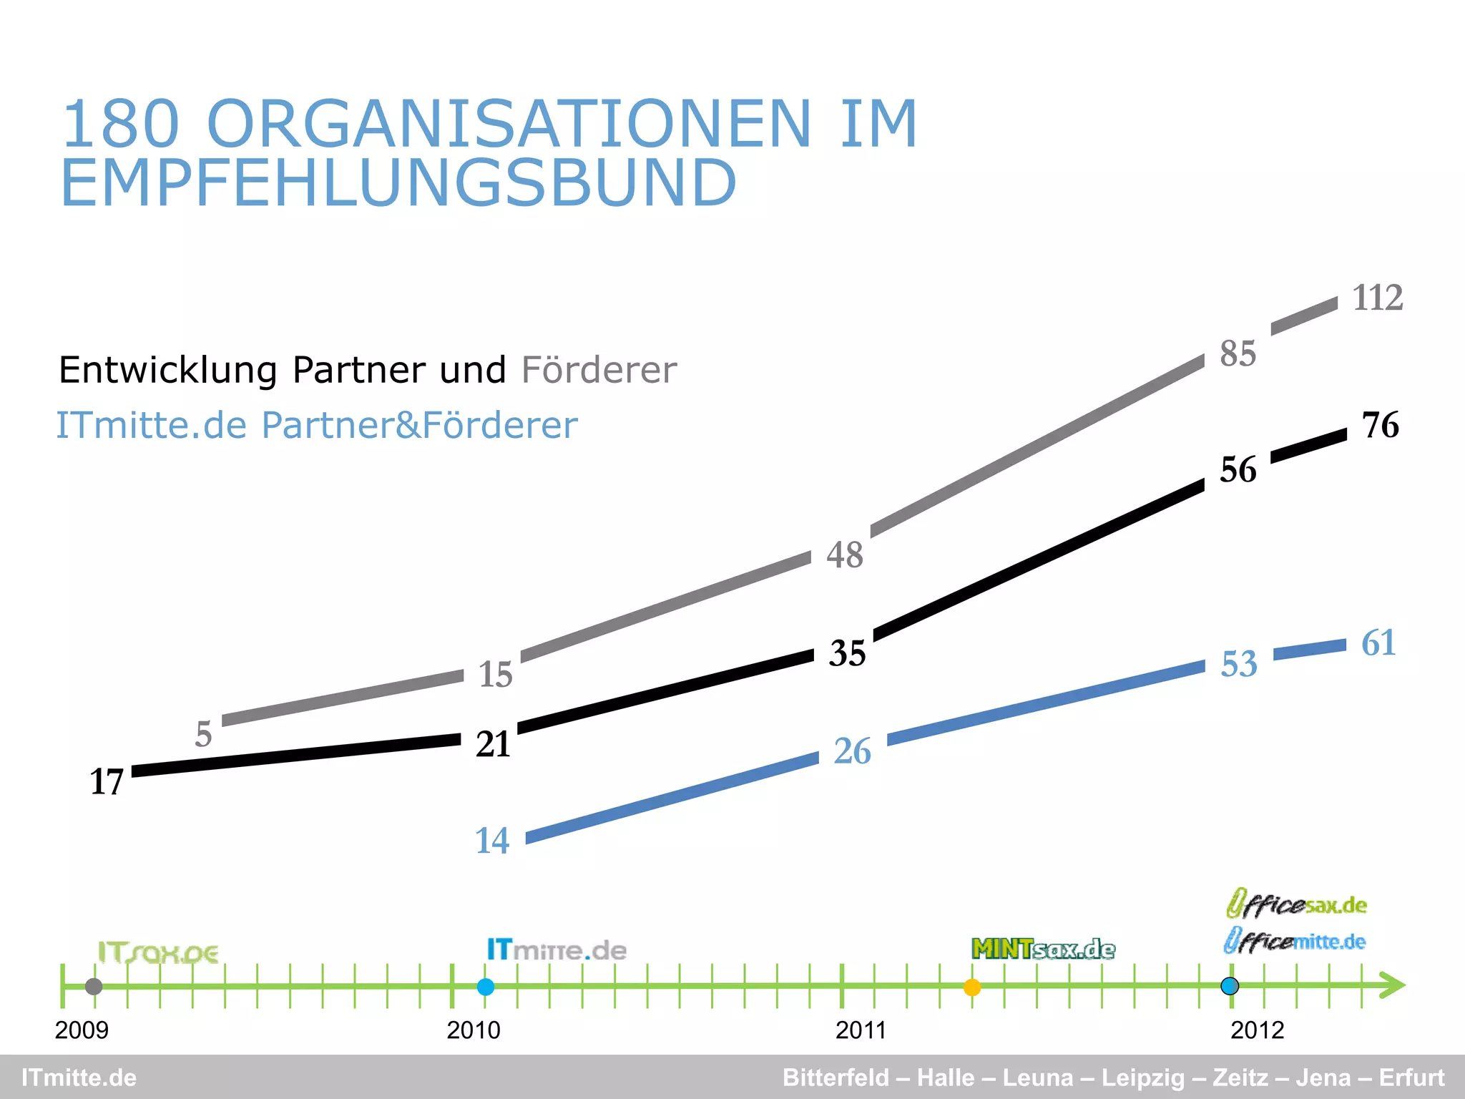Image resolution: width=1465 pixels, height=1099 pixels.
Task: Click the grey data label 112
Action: pos(1377,298)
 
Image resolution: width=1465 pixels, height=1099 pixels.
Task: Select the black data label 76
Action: pos(1380,426)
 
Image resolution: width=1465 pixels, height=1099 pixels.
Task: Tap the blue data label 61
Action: pos(1378,643)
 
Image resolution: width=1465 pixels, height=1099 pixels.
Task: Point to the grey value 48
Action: pos(845,555)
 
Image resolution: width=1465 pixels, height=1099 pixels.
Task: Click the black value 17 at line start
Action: pos(107,782)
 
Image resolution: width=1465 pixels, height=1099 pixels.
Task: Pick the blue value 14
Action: pos(492,841)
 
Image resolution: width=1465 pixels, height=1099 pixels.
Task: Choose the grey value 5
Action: pos(204,735)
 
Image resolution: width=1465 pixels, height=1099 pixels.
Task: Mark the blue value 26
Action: pos(852,752)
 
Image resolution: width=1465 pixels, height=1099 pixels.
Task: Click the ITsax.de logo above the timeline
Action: pos(158,953)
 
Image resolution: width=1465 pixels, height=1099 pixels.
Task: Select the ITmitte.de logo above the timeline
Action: pos(557,950)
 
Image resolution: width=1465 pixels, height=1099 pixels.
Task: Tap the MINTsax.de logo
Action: pos(1043,949)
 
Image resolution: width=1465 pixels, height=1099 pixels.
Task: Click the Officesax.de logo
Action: pos(1296,904)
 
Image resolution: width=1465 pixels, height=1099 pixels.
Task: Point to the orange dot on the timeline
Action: pos(971,987)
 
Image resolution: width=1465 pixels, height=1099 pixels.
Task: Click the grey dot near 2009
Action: pos(94,987)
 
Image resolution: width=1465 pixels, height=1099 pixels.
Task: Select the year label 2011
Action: pos(861,1030)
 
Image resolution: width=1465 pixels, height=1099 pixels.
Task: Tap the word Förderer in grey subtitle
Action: pos(599,371)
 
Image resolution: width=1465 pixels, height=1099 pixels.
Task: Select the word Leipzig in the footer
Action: pos(1143,1078)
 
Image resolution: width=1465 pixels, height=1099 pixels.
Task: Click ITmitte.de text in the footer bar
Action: pos(79,1078)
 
